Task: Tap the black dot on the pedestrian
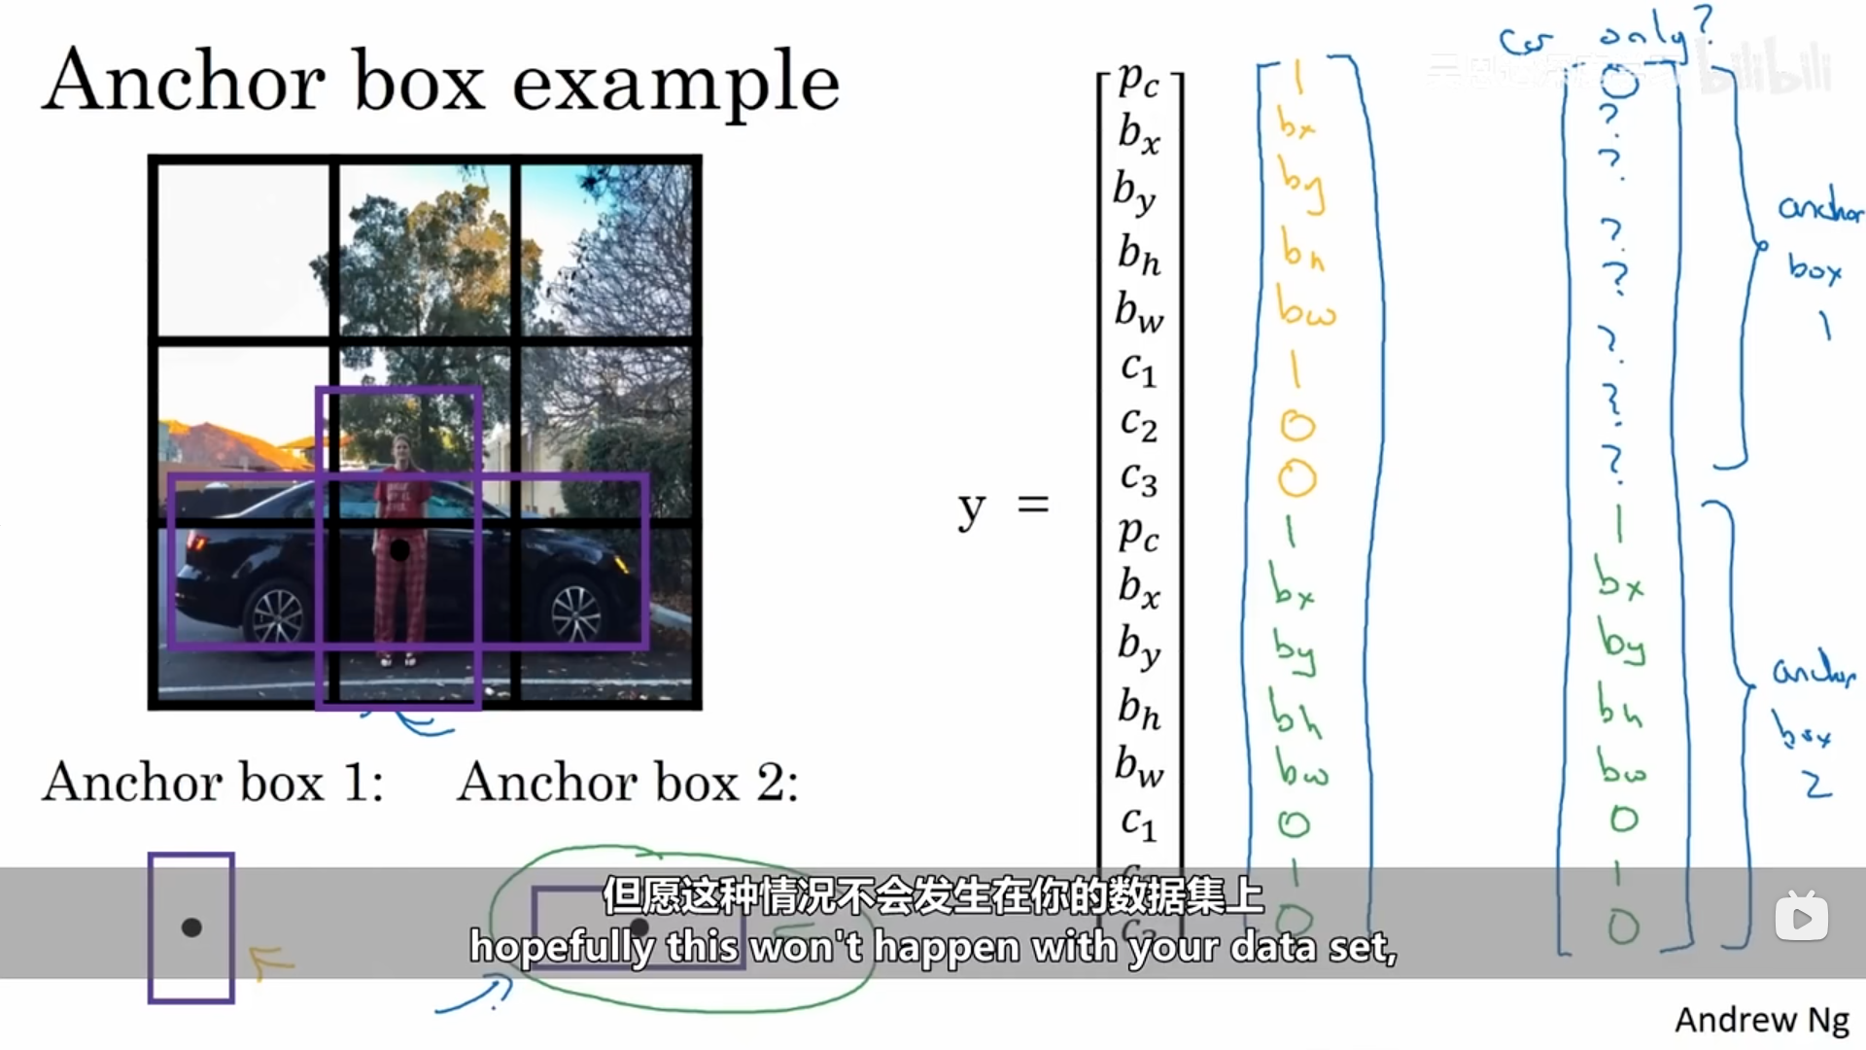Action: [x=399, y=550]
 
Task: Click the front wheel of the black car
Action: [x=576, y=612]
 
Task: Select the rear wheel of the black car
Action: [x=278, y=614]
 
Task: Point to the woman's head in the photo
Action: [x=400, y=450]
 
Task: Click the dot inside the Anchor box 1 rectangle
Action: [x=191, y=927]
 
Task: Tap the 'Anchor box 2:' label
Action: [x=628, y=783]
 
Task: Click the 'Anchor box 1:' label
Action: [x=213, y=783]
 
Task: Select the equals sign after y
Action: [x=1033, y=504]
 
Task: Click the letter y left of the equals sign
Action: [x=971, y=507]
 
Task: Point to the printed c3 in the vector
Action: [x=1138, y=478]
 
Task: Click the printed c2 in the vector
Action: [x=1138, y=423]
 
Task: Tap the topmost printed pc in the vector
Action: [x=1138, y=80]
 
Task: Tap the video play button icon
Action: [x=1801, y=918]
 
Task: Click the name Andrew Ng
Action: [x=1761, y=1020]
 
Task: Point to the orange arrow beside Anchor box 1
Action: [x=271, y=962]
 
